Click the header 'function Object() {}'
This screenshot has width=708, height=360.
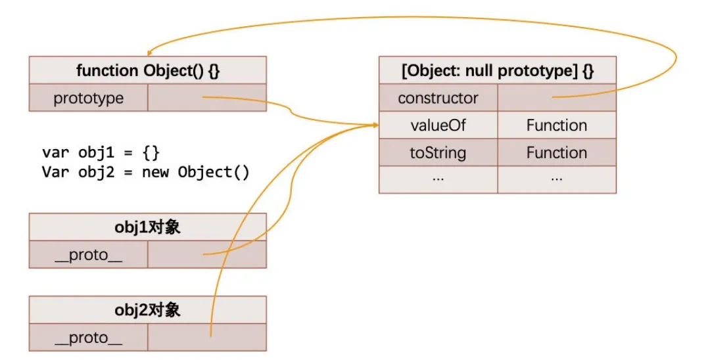pyautogui.click(x=148, y=70)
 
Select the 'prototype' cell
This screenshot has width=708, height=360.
pyautogui.click(x=89, y=99)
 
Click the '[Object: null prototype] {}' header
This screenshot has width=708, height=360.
pyautogui.click(x=498, y=70)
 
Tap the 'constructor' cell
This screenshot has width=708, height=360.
pyautogui.click(x=438, y=99)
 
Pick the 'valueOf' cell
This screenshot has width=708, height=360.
pyautogui.click(x=438, y=125)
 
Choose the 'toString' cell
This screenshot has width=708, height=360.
pyautogui.click(x=438, y=153)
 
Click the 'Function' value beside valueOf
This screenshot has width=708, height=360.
pyautogui.click(x=557, y=125)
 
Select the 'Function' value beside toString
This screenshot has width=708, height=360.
pyautogui.click(x=557, y=153)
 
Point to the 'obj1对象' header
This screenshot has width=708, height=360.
pyautogui.click(x=148, y=227)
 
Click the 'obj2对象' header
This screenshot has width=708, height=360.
pyautogui.click(x=148, y=309)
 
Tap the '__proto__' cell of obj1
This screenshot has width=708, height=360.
pyautogui.click(x=89, y=255)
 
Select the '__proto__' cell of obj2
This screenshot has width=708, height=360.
pyautogui.click(x=89, y=338)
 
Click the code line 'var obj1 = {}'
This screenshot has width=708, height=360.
pyautogui.click(x=101, y=153)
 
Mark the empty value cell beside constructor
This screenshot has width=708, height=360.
pyautogui.click(x=557, y=99)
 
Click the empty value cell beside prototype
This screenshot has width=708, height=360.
pyautogui.click(x=207, y=99)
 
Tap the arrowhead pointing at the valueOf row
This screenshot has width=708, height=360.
pyautogui.click(x=375, y=125)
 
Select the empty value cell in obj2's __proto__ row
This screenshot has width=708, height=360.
pyautogui.click(x=207, y=338)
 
